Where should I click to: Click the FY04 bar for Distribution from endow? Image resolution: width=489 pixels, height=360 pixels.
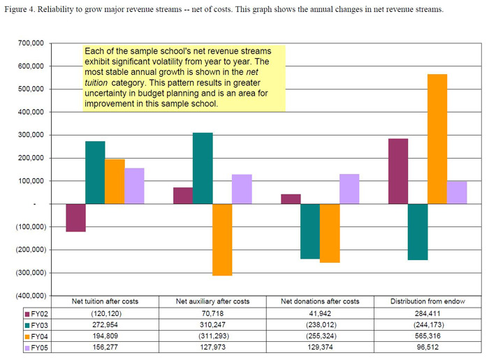(x=418, y=139)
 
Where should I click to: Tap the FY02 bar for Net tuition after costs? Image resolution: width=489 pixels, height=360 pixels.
(x=76, y=217)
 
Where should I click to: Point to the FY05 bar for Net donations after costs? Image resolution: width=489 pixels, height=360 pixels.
(x=349, y=189)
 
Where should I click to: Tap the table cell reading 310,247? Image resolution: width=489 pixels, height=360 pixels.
(x=213, y=324)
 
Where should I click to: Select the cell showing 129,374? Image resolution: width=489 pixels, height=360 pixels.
(x=321, y=347)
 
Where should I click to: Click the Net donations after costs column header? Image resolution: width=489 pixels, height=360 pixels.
(x=321, y=301)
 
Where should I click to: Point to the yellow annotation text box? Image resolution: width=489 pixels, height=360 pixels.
(x=184, y=77)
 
